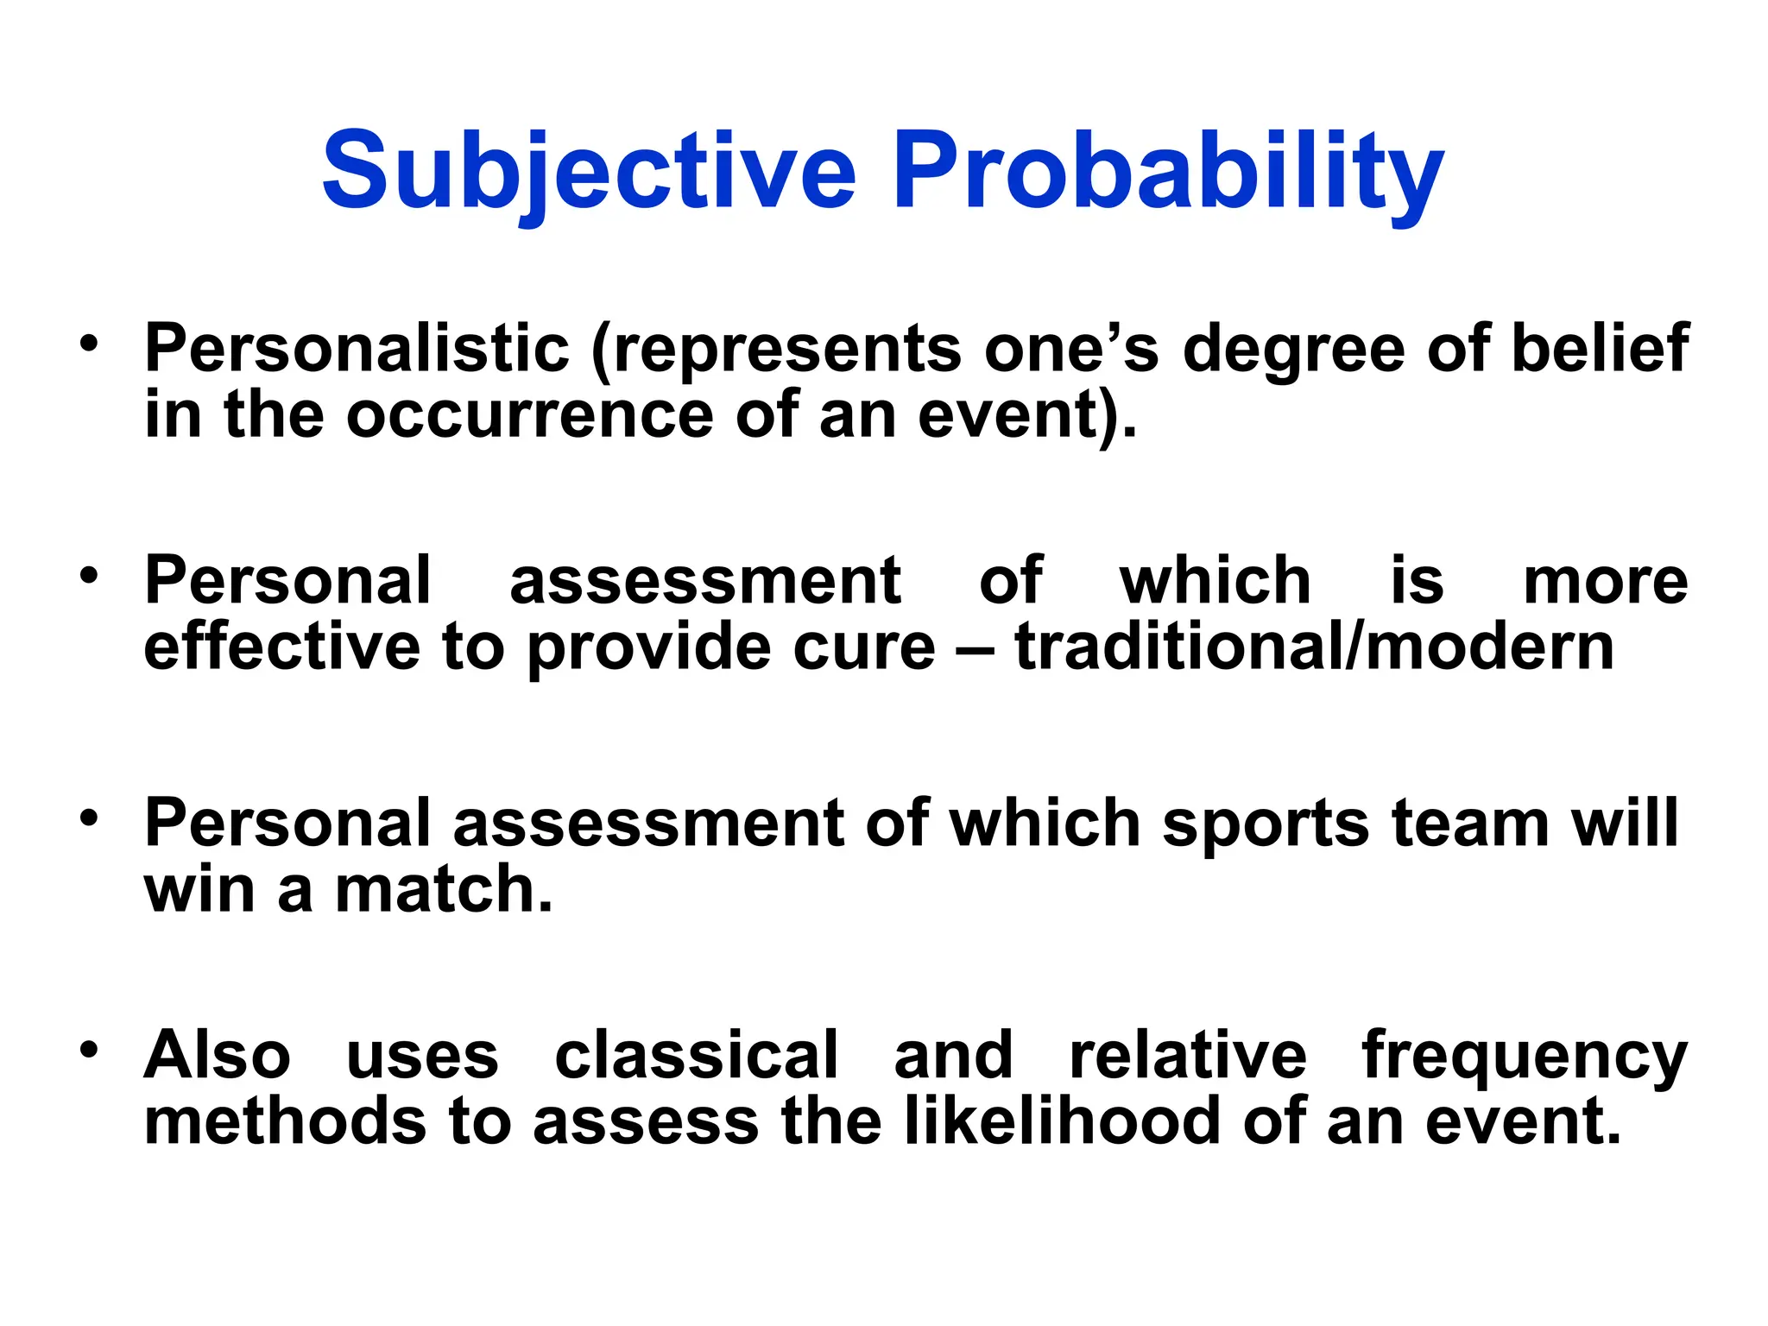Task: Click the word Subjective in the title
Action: click(589, 170)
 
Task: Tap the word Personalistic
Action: click(357, 348)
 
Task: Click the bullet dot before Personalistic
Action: click(89, 343)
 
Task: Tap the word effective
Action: click(281, 647)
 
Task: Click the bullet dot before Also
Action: click(89, 1051)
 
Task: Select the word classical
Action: click(696, 1055)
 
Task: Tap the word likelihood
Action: click(1063, 1121)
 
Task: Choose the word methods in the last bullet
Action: click(285, 1121)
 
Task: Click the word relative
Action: click(1188, 1055)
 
